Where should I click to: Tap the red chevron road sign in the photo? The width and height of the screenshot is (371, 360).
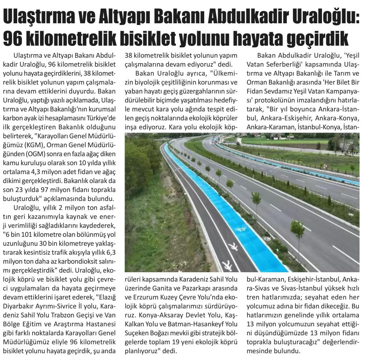coord(325,166)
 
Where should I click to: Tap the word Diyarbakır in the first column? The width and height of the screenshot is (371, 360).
coord(19,308)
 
